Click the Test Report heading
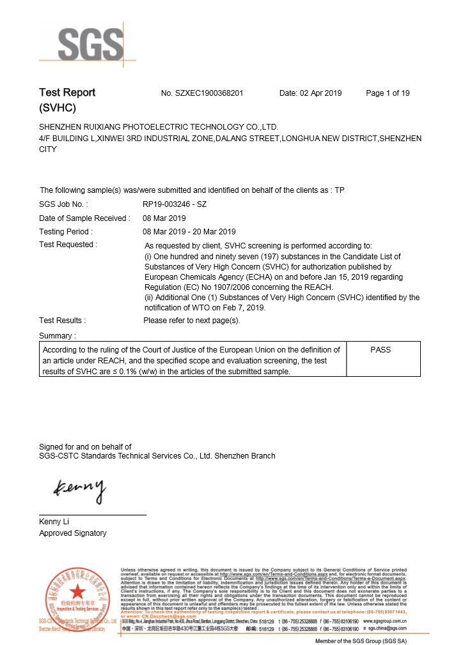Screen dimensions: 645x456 click(x=67, y=93)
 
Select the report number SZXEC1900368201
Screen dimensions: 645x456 click(x=202, y=93)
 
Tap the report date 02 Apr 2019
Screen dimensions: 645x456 click(x=311, y=93)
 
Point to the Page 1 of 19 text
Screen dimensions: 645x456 click(x=388, y=93)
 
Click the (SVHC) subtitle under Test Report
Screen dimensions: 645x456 click(x=58, y=108)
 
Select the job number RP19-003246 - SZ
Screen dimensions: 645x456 click(x=175, y=205)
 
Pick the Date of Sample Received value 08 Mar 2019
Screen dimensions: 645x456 click(x=164, y=218)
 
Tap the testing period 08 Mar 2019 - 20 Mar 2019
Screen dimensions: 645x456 click(x=189, y=232)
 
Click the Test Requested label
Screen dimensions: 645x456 click(x=68, y=245)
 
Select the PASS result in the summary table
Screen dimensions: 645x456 click(x=381, y=350)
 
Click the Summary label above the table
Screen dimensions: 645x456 click(x=58, y=335)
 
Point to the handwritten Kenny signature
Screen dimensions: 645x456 click(x=79, y=490)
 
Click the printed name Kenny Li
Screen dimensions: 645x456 click(x=54, y=522)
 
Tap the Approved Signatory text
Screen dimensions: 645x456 click(x=73, y=533)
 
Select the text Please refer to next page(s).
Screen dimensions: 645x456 click(x=192, y=321)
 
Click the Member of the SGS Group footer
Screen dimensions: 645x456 click(x=361, y=641)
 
